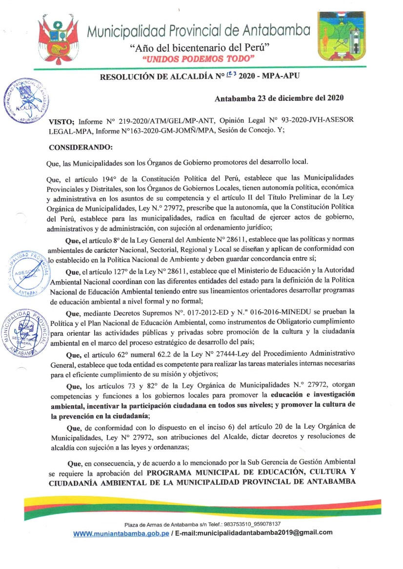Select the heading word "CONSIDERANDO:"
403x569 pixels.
click(x=81, y=147)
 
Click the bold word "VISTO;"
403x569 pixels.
click(x=61, y=120)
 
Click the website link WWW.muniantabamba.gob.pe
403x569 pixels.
click(x=121, y=533)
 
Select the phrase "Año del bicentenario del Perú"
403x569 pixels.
click(x=200, y=48)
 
